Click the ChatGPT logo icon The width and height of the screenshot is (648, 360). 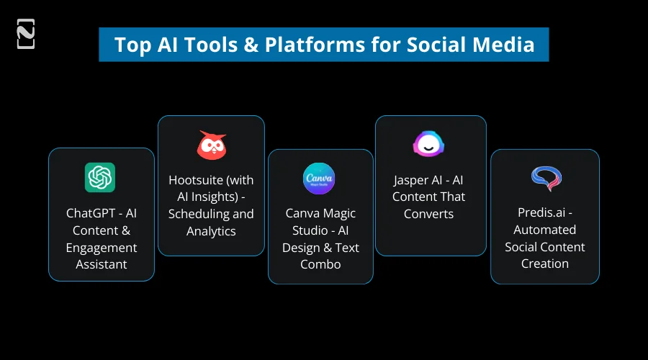coord(100,177)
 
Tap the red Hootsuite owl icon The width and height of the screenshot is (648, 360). coord(211,145)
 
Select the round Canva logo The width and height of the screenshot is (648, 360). coord(319,179)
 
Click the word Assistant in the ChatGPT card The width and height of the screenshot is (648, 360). coord(102,264)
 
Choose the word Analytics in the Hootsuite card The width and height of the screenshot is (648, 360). coord(211,231)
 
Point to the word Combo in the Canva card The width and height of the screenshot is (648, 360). coord(320,264)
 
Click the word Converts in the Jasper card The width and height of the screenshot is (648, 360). coord(429,214)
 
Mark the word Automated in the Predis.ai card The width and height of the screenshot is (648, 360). coord(545,230)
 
